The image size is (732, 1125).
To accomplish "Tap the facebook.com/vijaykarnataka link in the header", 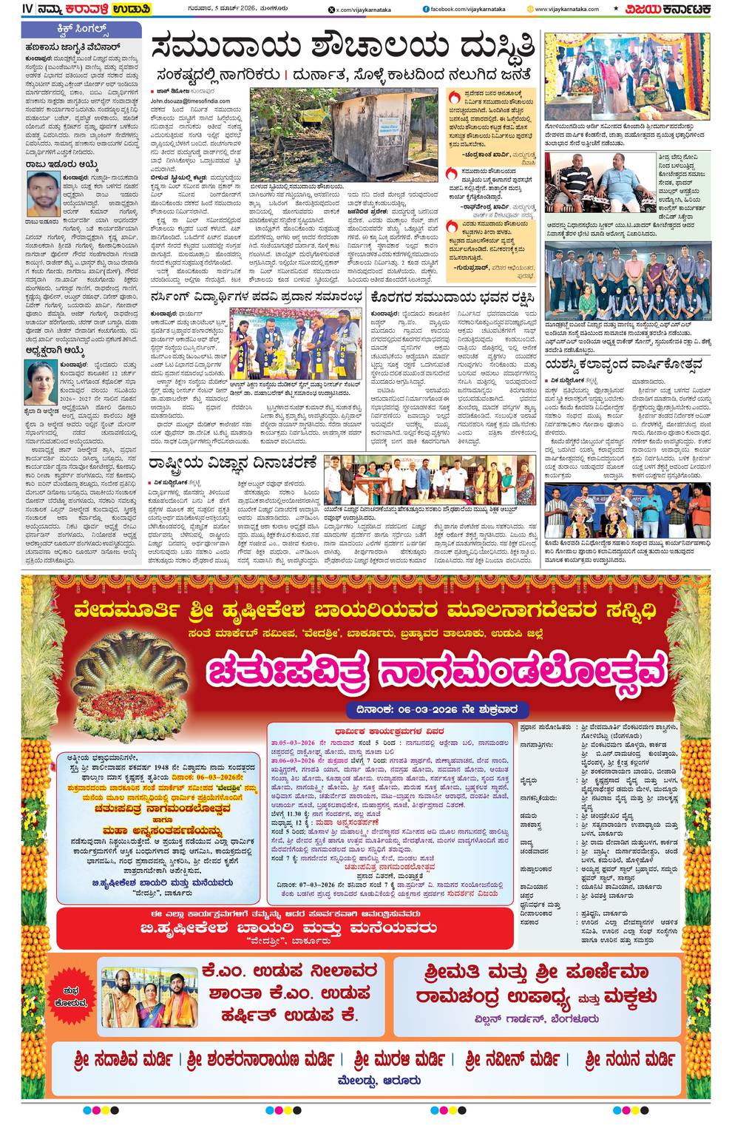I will pos(461,9).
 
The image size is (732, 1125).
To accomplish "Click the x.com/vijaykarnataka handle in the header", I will pos(358,9).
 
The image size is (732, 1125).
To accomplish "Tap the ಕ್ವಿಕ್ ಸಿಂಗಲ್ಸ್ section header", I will pos(81,31).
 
